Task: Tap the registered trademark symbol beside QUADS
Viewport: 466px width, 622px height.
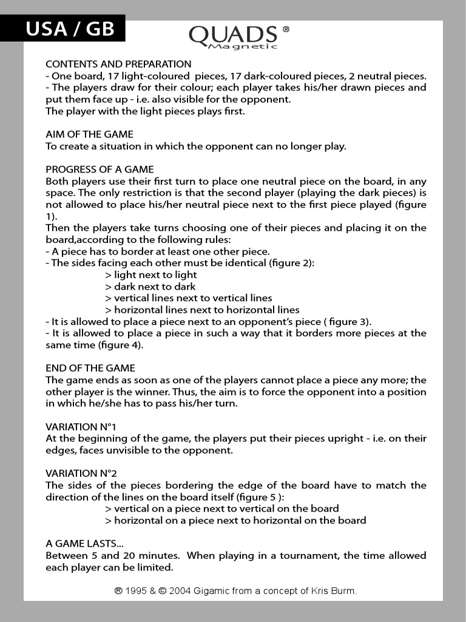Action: coord(286,29)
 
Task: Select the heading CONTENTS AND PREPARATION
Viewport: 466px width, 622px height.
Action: coord(118,64)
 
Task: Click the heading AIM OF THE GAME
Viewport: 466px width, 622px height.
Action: coord(89,134)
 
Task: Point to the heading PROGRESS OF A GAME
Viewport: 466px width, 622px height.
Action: coord(100,169)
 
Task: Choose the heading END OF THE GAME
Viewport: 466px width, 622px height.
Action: coord(90,368)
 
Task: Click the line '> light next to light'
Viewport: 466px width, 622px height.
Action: coord(150,275)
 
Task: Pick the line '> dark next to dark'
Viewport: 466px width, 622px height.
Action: coord(150,287)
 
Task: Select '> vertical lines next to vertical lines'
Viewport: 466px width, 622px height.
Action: coord(188,298)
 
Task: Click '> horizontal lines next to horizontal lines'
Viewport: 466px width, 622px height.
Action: coord(202,310)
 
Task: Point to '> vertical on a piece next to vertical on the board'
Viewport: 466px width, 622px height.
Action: coord(221,508)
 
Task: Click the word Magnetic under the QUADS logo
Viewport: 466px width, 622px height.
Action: coord(242,47)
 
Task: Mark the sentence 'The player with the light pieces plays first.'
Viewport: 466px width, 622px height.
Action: coord(146,111)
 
